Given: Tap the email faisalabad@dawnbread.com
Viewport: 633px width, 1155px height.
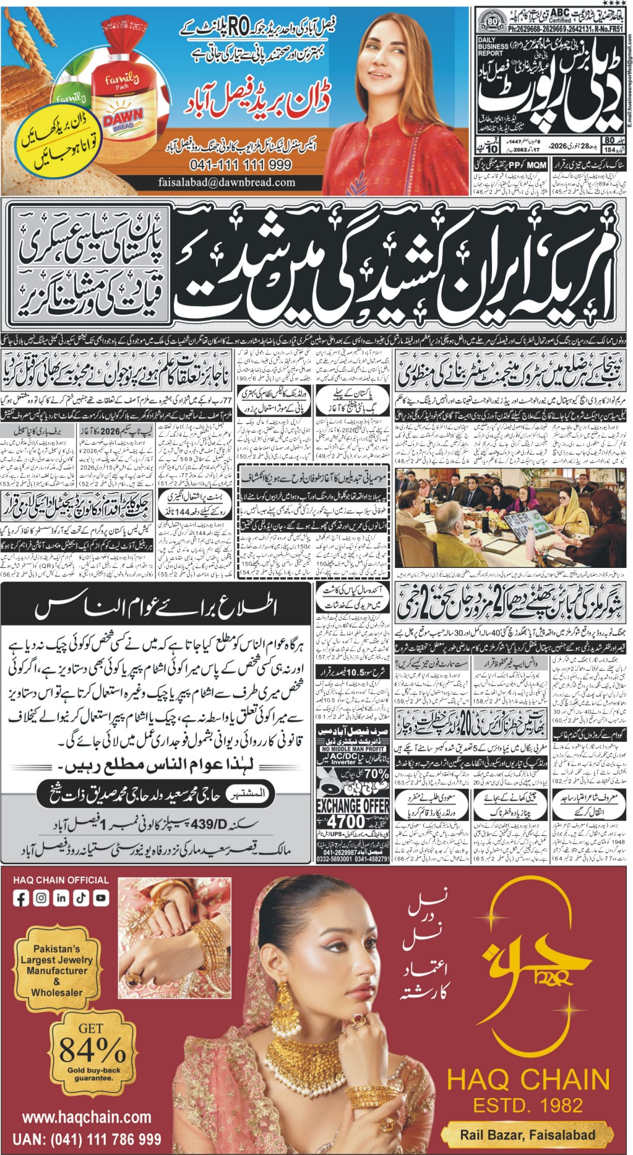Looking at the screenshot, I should (226, 182).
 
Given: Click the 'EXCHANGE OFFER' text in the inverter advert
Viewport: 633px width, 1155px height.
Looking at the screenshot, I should (353, 805).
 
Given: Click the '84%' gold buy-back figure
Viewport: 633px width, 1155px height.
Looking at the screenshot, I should (92, 1049).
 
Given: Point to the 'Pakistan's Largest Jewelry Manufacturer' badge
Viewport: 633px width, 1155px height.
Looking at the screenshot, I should (56, 970).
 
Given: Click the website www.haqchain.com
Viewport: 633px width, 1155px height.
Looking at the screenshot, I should (87, 1117).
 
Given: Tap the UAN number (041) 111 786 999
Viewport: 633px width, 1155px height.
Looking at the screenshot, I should (87, 1140).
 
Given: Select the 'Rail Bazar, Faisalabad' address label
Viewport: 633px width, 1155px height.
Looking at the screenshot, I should (527, 1135).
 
